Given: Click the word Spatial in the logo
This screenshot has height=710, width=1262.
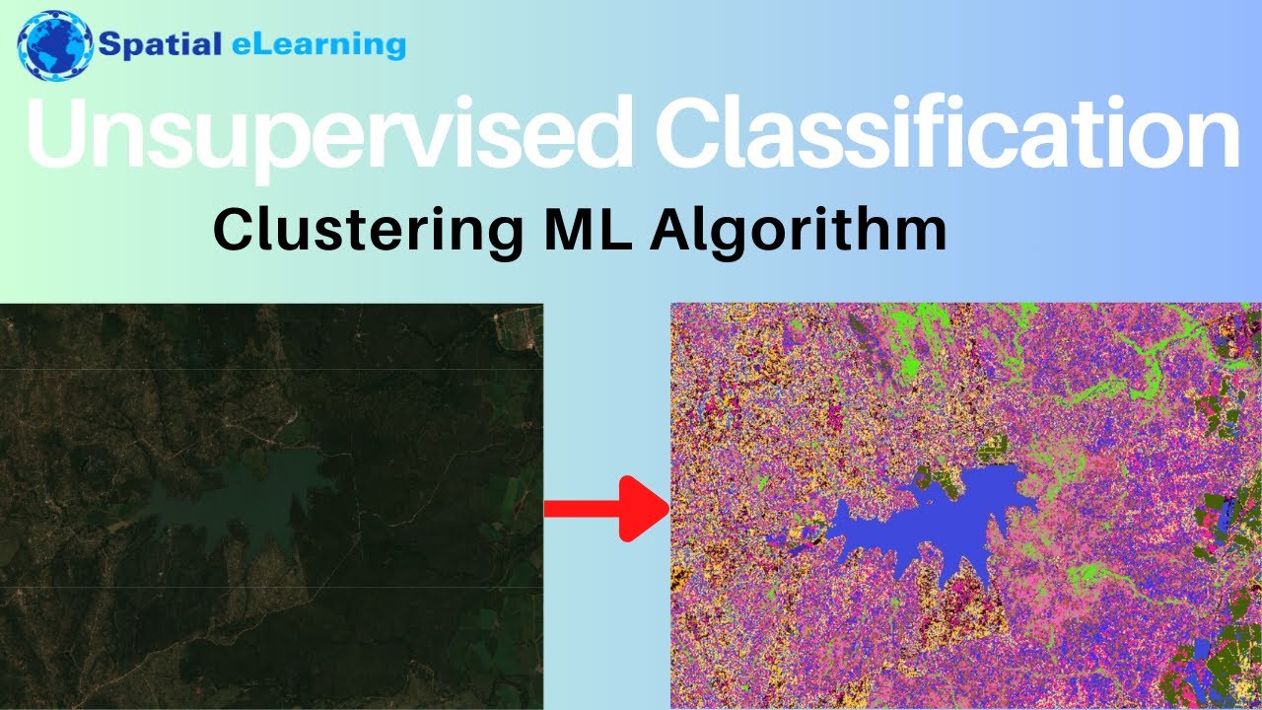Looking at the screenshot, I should click(158, 44).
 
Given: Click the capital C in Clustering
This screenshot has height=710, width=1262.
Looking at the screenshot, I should click(235, 231).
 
